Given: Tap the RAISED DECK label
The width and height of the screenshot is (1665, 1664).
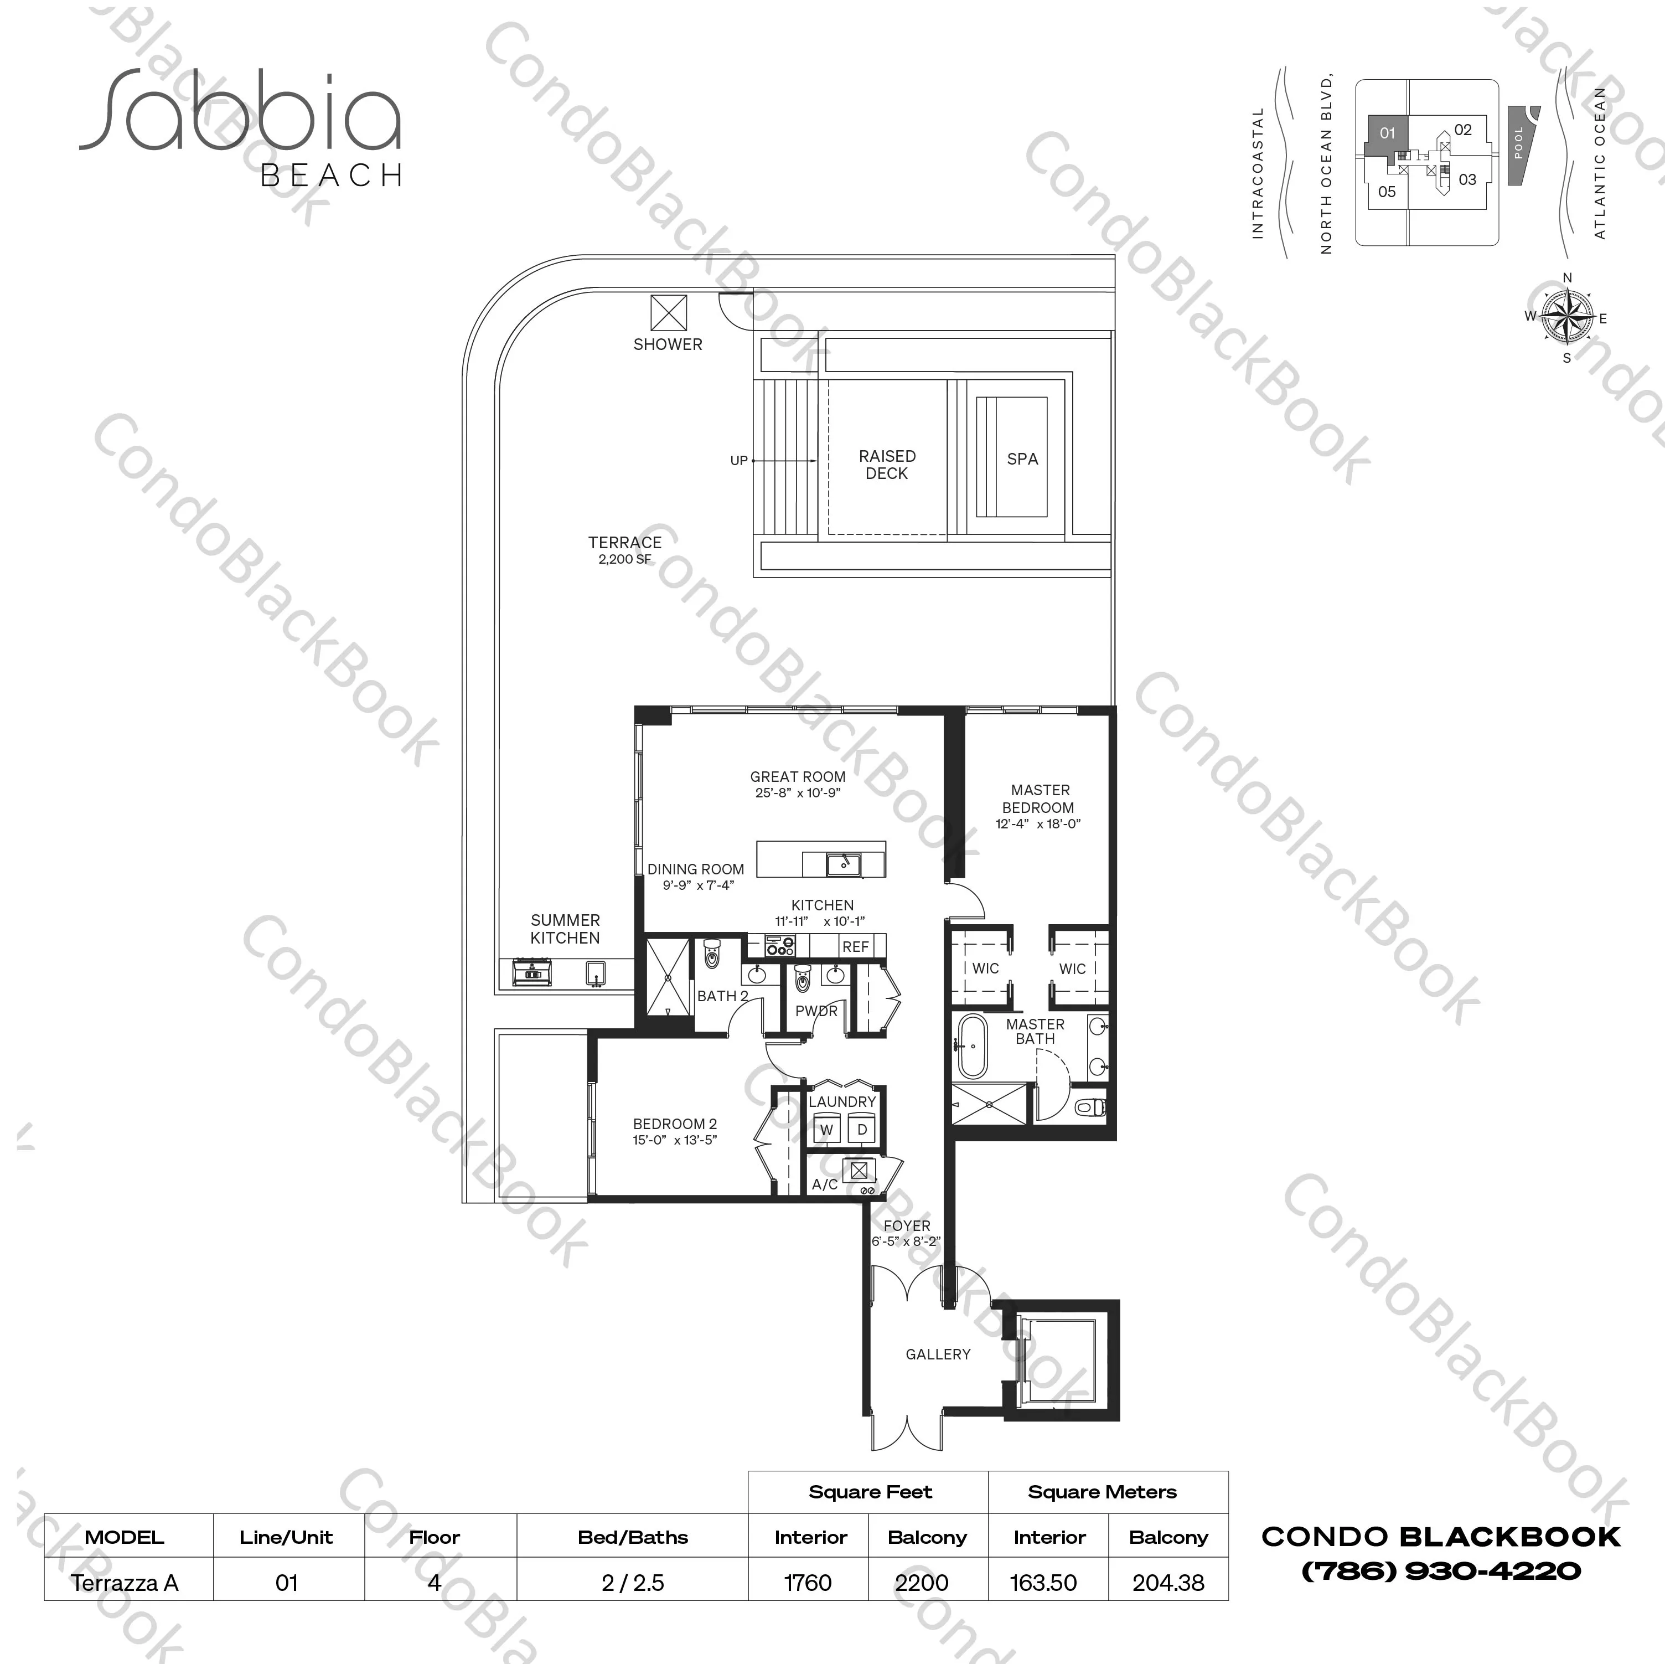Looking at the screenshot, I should pos(887,465).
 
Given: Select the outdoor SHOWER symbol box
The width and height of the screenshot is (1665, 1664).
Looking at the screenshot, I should pos(669,313).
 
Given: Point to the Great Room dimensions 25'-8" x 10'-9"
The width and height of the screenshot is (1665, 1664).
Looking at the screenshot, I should pos(797,793).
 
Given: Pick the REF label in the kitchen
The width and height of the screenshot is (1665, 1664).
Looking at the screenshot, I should pos(856,947).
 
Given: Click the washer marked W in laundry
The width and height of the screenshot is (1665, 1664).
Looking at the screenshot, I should pos(826,1130).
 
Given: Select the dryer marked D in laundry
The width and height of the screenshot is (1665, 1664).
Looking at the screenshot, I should pos(862,1130).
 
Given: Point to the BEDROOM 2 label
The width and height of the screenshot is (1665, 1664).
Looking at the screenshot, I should pos(675,1124).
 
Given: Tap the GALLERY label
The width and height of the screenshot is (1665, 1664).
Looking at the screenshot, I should pos(938,1354).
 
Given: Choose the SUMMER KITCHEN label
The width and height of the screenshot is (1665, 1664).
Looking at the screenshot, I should pos(565,929).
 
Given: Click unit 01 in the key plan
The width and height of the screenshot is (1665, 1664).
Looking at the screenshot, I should pos(1387,133).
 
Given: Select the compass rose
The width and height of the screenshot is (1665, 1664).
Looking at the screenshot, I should pos(1568,316).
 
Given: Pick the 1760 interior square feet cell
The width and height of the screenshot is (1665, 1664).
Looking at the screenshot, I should pos(808,1583).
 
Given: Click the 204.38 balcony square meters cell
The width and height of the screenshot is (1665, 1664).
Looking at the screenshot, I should pos(1168,1583).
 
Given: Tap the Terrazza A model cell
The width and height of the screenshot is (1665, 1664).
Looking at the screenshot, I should pos(125,1583).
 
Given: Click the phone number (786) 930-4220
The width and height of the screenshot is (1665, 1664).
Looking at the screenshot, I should pos(1441,1572).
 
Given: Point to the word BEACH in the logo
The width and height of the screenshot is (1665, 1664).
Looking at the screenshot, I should pos(332,176).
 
